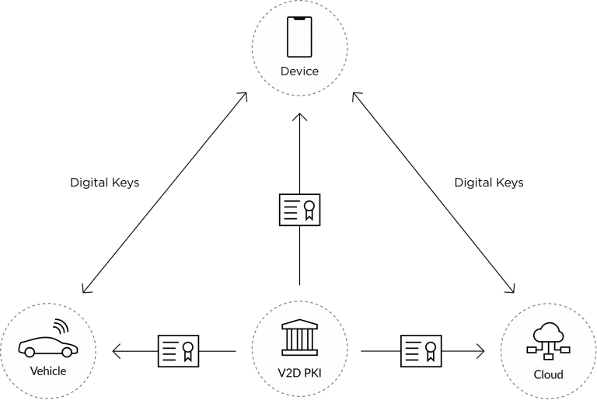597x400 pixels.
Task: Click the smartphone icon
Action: pyautogui.click(x=299, y=37)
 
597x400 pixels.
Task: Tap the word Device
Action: pyautogui.click(x=299, y=71)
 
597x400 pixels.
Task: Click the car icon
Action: pyautogui.click(x=48, y=346)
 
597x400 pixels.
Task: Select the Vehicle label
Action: pyautogui.click(x=48, y=371)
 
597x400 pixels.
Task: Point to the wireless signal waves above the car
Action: pyautogui.click(x=61, y=325)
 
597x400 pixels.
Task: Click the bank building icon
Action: pyautogui.click(x=299, y=337)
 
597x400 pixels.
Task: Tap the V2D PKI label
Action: pyautogui.click(x=299, y=373)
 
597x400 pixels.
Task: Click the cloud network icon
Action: pyautogui.click(x=548, y=341)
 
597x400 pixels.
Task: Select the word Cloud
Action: pyautogui.click(x=548, y=375)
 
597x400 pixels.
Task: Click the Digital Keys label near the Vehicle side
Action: pyautogui.click(x=105, y=183)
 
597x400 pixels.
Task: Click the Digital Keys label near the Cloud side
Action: pyautogui.click(x=489, y=183)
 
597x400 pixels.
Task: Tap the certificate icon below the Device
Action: pyautogui.click(x=299, y=210)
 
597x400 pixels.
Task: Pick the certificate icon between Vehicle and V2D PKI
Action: pyautogui.click(x=179, y=351)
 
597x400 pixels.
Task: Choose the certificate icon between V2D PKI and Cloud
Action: pyautogui.click(x=421, y=351)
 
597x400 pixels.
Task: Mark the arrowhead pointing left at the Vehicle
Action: pyautogui.click(x=116, y=351)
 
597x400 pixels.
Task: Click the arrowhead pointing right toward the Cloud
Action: pyautogui.click(x=481, y=351)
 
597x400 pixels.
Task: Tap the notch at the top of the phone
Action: pyautogui.click(x=299, y=19)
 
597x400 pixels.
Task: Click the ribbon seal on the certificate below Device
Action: pyautogui.click(x=309, y=210)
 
